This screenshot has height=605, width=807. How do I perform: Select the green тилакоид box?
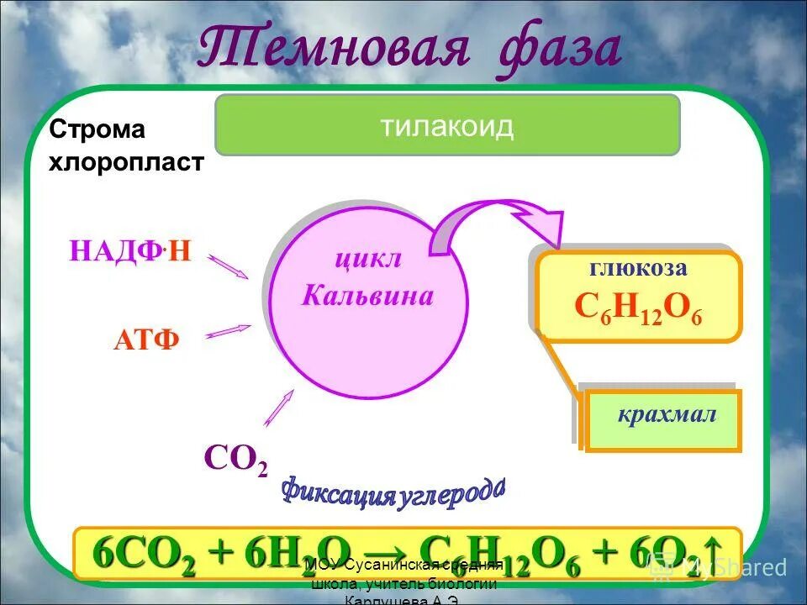point(446,125)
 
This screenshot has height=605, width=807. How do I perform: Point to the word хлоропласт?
point(126,161)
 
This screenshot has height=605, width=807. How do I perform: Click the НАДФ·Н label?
point(129,251)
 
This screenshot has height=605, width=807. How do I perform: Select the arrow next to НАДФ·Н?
point(228,266)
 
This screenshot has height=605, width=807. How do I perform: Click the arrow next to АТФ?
point(229,332)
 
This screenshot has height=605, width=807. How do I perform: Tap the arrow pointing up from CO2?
point(279,408)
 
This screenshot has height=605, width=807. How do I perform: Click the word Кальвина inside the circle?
point(367,296)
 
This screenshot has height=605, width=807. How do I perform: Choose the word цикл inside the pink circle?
point(368,258)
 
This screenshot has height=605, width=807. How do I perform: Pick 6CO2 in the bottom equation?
point(144,554)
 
